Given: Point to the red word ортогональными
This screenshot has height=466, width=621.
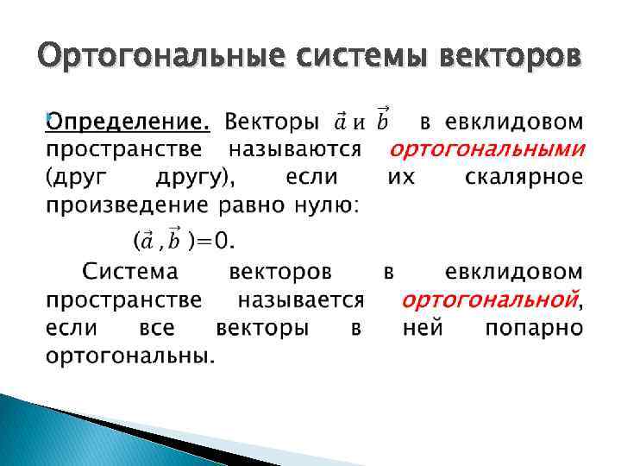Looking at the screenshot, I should [486, 149].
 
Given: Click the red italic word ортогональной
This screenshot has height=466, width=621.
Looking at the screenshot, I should [490, 299].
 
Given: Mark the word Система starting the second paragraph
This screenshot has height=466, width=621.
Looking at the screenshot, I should [130, 272].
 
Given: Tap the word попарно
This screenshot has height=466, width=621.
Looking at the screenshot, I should [533, 328].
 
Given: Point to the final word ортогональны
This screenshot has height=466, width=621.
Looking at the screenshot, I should [130, 356].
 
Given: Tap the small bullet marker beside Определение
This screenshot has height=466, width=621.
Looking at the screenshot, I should [48, 114].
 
